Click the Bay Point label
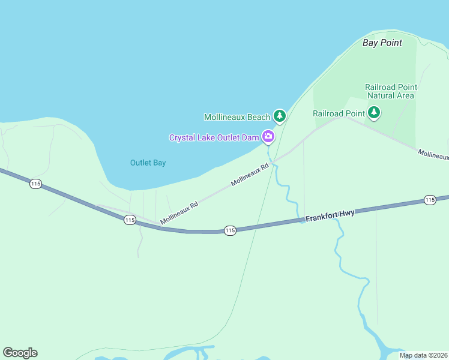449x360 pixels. click(382, 43)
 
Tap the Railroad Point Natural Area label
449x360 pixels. click(391, 91)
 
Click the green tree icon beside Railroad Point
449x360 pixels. click(374, 112)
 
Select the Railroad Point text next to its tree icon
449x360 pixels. click(339, 113)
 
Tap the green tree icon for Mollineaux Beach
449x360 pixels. click(279, 116)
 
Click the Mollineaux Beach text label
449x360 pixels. click(237, 117)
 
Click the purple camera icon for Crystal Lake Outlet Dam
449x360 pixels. click(268, 137)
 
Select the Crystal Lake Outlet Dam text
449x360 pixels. click(214, 137)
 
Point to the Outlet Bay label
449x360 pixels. click(148, 163)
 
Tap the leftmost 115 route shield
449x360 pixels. click(35, 184)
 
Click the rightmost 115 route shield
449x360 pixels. click(429, 199)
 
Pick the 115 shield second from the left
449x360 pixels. click(130, 220)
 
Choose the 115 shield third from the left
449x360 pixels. click(230, 230)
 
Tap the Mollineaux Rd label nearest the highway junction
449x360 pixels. click(179, 213)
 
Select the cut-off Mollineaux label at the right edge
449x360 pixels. click(433, 155)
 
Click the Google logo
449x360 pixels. click(20, 353)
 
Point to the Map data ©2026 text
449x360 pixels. click(423, 355)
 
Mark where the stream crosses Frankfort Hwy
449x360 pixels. click(300, 221)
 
